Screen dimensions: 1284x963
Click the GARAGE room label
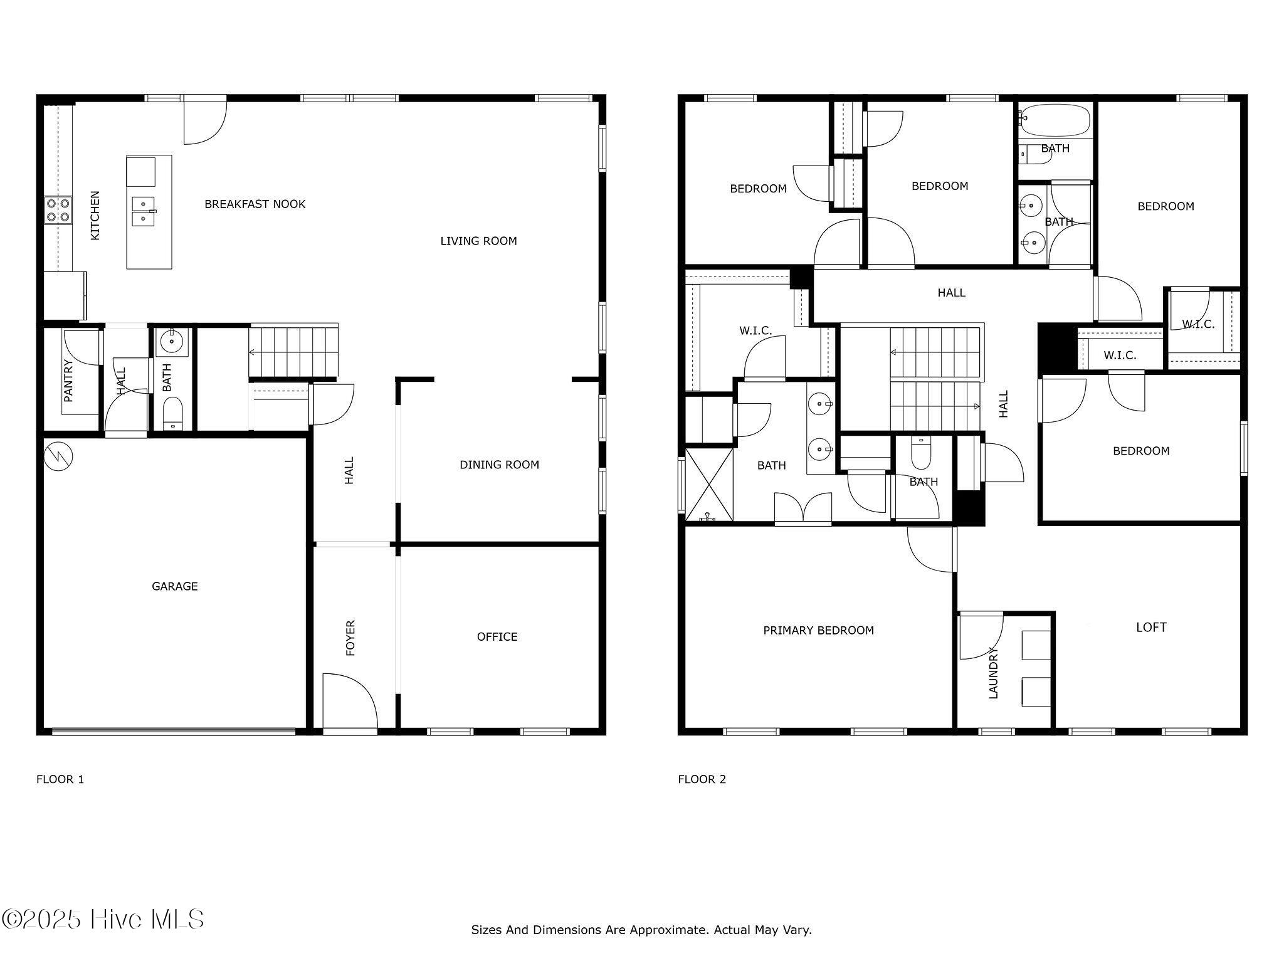click(x=175, y=586)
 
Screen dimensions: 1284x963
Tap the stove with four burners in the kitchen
click(x=58, y=210)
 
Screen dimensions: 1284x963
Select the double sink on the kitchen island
click(x=144, y=211)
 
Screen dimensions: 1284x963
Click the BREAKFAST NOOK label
click(x=255, y=204)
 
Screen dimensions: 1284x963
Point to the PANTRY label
click(x=68, y=381)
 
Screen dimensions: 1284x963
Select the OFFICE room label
click(x=497, y=636)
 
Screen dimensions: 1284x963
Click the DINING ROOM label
click(x=499, y=465)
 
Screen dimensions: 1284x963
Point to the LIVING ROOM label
click(x=478, y=241)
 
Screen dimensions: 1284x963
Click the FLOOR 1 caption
click(x=60, y=779)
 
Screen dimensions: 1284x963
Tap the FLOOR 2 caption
click(x=702, y=779)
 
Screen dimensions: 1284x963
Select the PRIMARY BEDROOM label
click(x=818, y=630)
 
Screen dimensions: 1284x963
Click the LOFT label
click(x=1152, y=627)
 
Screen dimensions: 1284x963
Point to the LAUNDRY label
click(x=993, y=672)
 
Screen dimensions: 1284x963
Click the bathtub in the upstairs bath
click(x=1055, y=120)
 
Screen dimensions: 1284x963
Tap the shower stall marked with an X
click(x=710, y=484)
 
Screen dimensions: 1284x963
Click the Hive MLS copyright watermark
click(x=103, y=919)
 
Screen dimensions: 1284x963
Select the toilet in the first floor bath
click(x=172, y=413)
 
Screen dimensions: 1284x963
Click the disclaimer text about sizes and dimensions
click(x=641, y=930)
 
